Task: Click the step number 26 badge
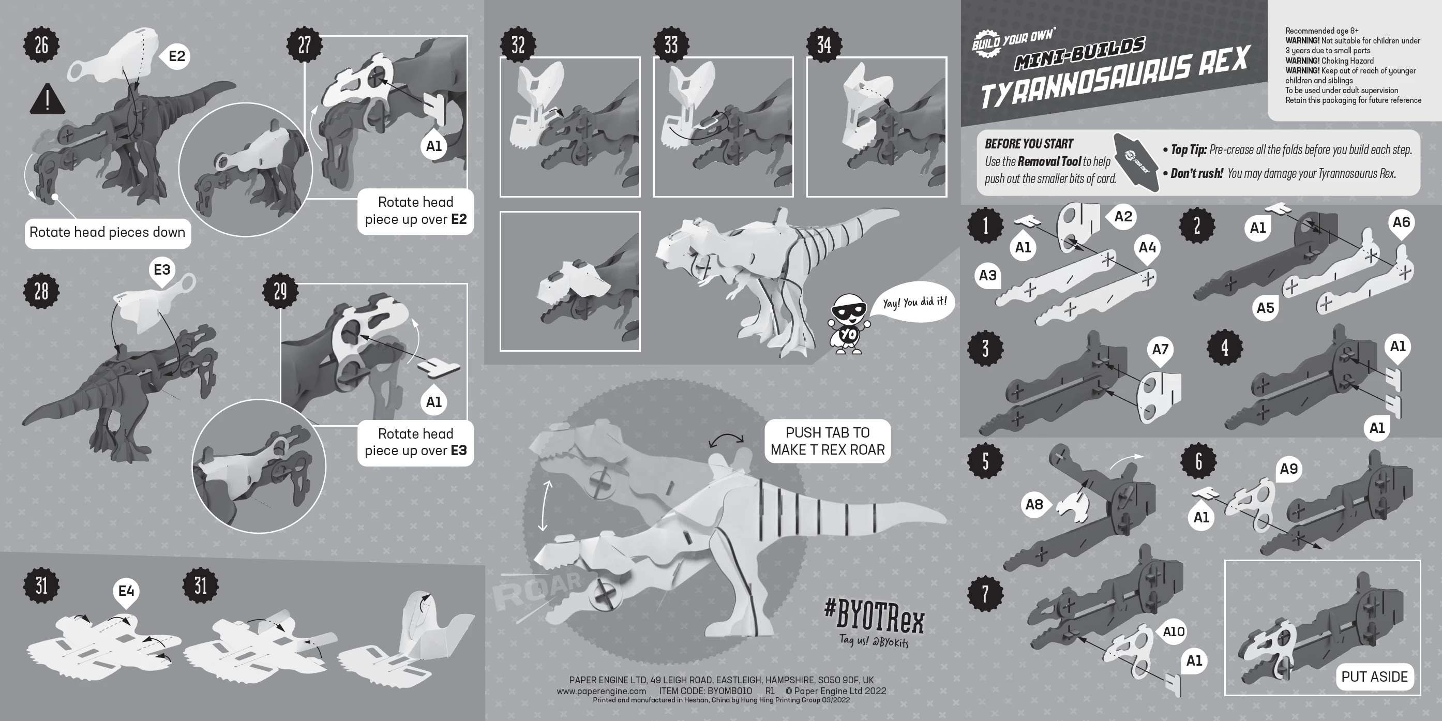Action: pos(41,46)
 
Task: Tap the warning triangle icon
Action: pos(48,100)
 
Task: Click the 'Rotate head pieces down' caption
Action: pos(108,233)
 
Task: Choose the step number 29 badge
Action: pos(280,291)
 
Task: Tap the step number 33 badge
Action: pos(671,46)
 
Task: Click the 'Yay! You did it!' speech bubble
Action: pos(913,302)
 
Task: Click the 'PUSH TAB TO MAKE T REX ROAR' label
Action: pos(828,441)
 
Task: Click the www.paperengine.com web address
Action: pos(601,691)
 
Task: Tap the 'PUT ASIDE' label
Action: pos(1374,677)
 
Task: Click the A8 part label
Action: pos(1034,505)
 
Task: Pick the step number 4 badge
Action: pos(1225,348)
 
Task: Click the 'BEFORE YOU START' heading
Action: pos(1029,144)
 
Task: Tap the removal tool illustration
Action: pos(1136,162)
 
